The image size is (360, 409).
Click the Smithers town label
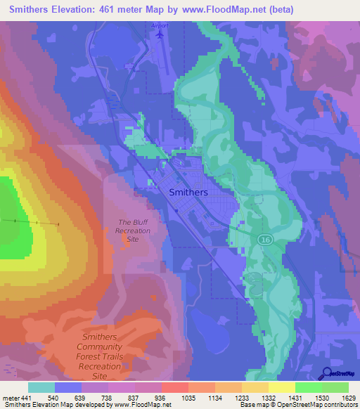188,192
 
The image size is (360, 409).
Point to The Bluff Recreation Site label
134,231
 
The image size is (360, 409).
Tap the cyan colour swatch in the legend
41,387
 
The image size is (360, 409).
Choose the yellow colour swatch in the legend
281,387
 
